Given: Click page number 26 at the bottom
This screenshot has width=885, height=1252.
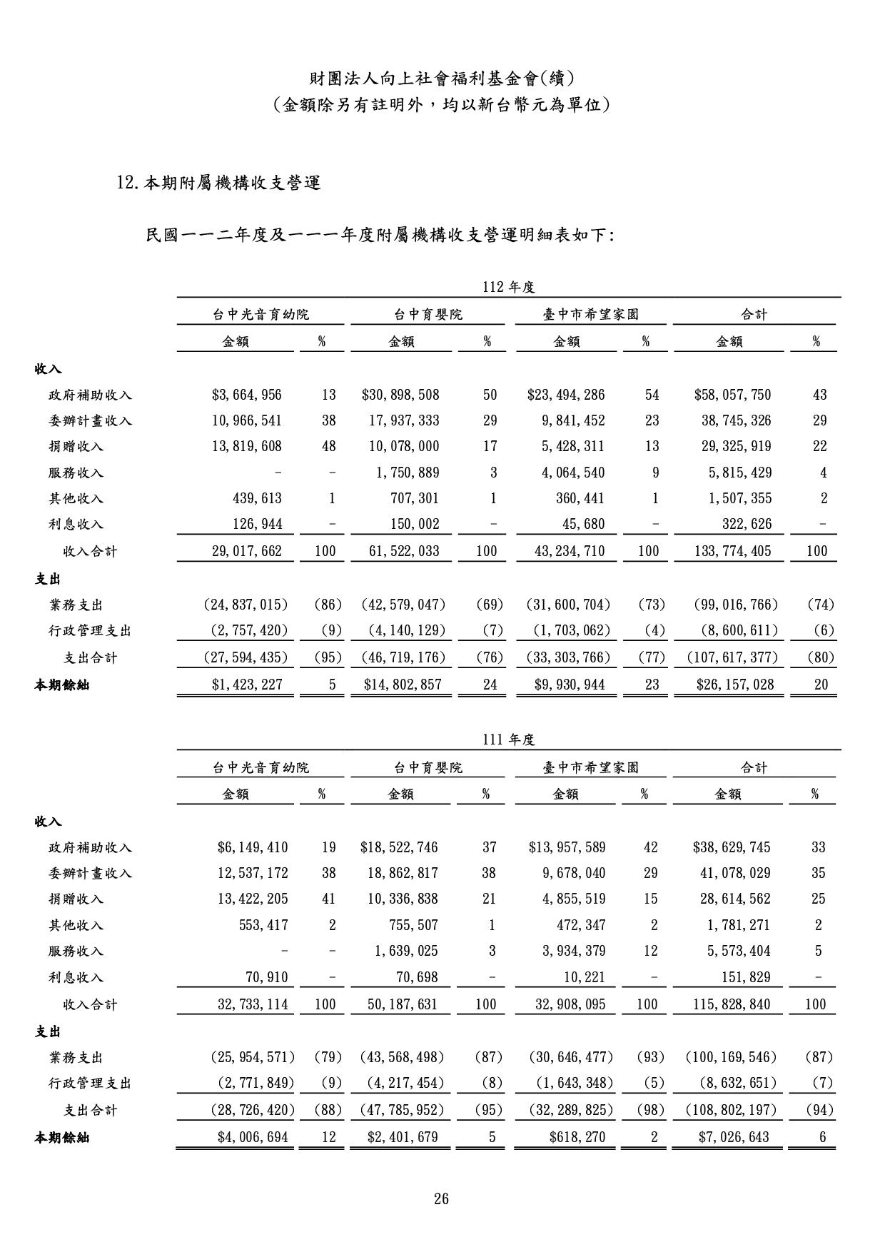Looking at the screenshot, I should pos(441,1198).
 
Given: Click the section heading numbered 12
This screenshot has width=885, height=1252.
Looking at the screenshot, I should pos(218,183).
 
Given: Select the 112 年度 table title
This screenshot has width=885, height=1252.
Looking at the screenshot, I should pos(508,287).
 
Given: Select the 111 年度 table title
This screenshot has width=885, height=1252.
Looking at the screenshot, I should pos(508,739).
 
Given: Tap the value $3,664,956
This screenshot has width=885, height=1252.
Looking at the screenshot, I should pos(247,395).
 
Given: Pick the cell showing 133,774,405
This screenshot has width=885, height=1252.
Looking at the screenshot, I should pos(732,550).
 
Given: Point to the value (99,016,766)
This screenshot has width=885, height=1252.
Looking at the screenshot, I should pos(735,605).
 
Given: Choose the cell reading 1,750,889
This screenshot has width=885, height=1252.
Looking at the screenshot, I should pos(408,473).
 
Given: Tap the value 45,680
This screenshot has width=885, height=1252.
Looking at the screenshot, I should pos(584,524).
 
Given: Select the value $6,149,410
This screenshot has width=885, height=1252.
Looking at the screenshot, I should pos(253,847).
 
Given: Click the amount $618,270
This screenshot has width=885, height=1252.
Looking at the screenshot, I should pos(577,1137).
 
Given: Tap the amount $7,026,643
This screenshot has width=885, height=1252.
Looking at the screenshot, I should pos(734,1137).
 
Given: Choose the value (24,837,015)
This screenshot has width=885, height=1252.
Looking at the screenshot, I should pos(246,605).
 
